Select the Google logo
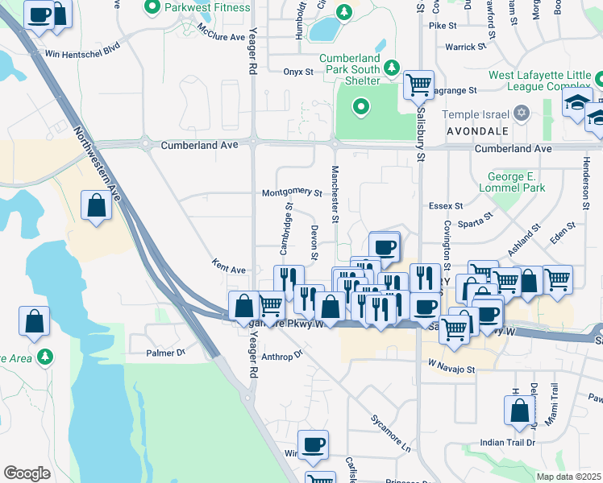click(x=27, y=473)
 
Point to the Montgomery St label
click(x=292, y=193)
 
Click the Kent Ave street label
click(x=228, y=266)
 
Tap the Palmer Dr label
click(x=166, y=353)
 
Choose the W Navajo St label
click(x=452, y=368)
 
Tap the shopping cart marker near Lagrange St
click(x=418, y=84)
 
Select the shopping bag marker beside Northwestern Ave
click(x=96, y=205)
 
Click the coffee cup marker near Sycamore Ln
click(x=313, y=444)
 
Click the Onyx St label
click(x=298, y=72)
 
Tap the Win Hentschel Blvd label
click(x=82, y=54)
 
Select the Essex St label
click(x=446, y=205)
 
